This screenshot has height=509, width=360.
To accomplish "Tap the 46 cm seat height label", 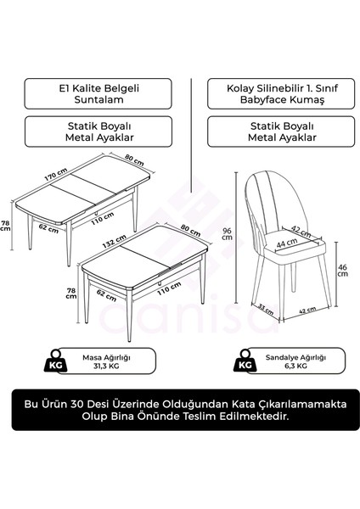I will tap(341, 271).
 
